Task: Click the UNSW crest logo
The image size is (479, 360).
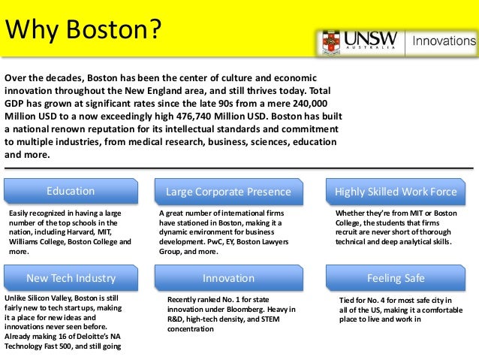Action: pos(331,42)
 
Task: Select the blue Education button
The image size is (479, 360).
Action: pos(71,191)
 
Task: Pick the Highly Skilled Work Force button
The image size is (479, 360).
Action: pos(396,192)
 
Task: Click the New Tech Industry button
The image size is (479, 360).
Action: pos(71,278)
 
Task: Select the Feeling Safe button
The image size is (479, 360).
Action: pos(396,278)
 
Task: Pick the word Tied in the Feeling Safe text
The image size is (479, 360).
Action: pos(348,300)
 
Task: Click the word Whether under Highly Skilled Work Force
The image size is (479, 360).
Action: pos(351,213)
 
